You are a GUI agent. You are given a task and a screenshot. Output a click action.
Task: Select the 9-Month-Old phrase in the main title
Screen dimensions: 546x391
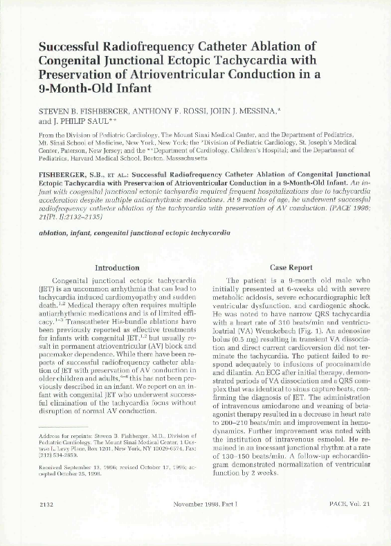click(59, 90)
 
